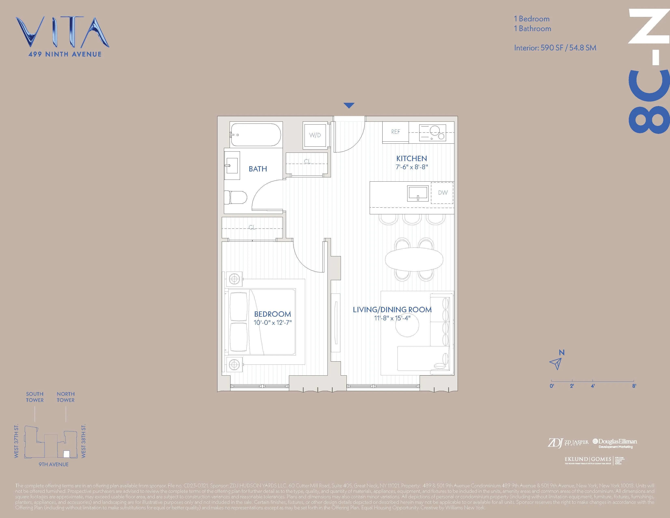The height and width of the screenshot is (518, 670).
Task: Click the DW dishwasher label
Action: [443, 193]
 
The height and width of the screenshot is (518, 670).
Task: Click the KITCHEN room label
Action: [411, 158]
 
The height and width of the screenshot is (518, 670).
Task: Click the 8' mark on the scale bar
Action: [634, 386]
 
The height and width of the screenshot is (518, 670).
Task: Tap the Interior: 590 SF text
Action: [555, 48]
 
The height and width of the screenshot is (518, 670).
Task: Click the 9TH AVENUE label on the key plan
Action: [54, 464]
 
